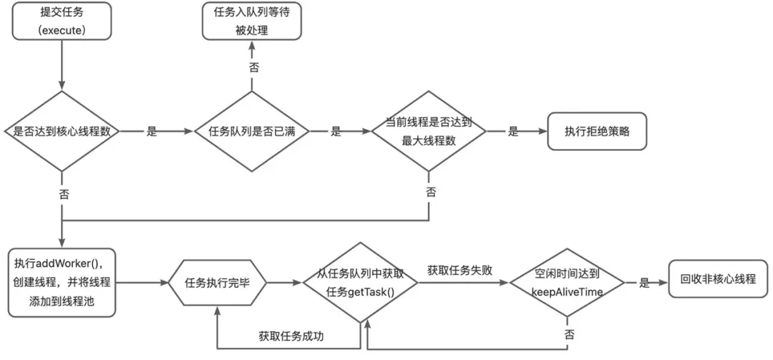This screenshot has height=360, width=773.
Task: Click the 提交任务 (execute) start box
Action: tap(62, 20)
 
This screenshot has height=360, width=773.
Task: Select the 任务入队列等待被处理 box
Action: tap(251, 20)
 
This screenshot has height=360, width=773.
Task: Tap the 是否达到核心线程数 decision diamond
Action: tap(61, 132)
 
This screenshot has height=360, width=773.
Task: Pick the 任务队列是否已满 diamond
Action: tap(251, 132)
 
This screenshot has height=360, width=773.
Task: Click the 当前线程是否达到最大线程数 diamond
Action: tap(429, 132)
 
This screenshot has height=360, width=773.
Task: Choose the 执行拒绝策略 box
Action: tap(597, 132)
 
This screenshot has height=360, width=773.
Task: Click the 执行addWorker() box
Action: tap(62, 283)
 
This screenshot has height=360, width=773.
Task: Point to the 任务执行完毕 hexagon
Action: tap(218, 283)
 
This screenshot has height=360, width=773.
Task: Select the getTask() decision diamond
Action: tap(360, 283)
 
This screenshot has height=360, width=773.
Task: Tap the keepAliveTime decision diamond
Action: tap(567, 283)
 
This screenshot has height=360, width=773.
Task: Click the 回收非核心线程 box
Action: tap(718, 279)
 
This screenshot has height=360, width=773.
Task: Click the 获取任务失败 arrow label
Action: tap(460, 271)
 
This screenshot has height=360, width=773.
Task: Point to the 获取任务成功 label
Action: tap(291, 336)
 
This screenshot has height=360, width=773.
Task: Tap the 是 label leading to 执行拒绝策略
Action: tap(513, 132)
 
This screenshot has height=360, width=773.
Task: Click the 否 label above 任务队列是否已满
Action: tap(253, 67)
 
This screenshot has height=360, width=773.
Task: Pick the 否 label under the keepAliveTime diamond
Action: tap(570, 334)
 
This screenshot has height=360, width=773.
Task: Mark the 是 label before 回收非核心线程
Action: tap(644, 283)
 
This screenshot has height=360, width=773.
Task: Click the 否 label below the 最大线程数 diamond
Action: tap(431, 192)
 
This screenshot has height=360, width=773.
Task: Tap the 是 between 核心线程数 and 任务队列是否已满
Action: tap(152, 132)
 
